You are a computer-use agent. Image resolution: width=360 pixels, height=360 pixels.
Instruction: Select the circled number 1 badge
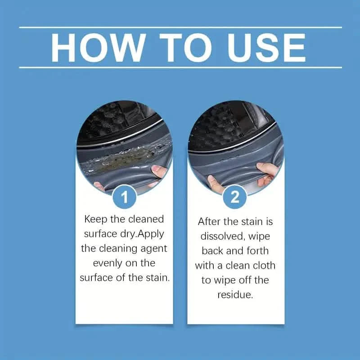124,196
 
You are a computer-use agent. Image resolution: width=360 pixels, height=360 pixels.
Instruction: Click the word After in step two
211,222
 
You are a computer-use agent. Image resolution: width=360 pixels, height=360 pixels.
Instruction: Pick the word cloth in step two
262,265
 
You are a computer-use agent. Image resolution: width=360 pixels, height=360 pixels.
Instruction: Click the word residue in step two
234,295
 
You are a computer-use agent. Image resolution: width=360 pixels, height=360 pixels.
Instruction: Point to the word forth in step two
259,251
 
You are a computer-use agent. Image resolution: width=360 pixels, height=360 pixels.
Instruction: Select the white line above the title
180,27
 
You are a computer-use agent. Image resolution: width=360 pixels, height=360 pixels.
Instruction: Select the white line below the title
180,67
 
